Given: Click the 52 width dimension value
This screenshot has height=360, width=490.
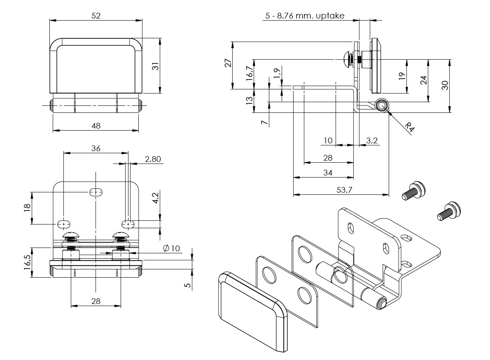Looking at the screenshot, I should click(x=96, y=16).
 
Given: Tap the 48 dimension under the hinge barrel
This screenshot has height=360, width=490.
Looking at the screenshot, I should click(x=96, y=126).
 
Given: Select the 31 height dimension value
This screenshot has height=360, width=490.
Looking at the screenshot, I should click(x=155, y=65).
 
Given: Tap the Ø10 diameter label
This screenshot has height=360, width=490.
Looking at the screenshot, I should click(x=171, y=248).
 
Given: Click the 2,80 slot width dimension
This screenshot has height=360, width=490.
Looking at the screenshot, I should click(x=153, y=159).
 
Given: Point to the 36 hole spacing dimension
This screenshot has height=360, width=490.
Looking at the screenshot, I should click(x=96, y=148).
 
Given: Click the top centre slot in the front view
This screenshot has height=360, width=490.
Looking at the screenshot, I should click(x=96, y=192).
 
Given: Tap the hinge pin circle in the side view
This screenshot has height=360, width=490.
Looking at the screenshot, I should click(x=381, y=105).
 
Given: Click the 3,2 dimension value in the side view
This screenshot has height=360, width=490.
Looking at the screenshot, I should click(x=372, y=141).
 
